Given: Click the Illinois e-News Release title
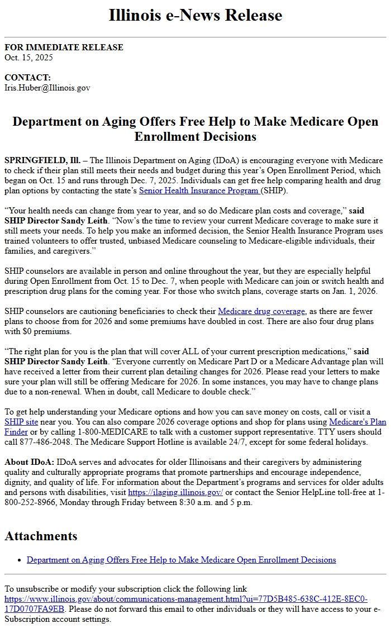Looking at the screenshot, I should (195, 15).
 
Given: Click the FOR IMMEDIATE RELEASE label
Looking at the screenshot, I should (64, 47).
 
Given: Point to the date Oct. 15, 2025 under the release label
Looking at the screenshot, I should (28, 57).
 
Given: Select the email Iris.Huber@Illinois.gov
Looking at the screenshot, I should (47, 88).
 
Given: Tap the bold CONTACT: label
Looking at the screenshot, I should (27, 78).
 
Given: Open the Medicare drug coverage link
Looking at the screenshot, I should (261, 311).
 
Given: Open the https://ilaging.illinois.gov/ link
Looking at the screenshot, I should (175, 492).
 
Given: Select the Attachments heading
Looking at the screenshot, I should (41, 536).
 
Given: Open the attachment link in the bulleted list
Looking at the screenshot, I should (181, 559).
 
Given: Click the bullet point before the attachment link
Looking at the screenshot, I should (20, 560).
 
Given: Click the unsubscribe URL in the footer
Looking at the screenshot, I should (186, 603).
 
